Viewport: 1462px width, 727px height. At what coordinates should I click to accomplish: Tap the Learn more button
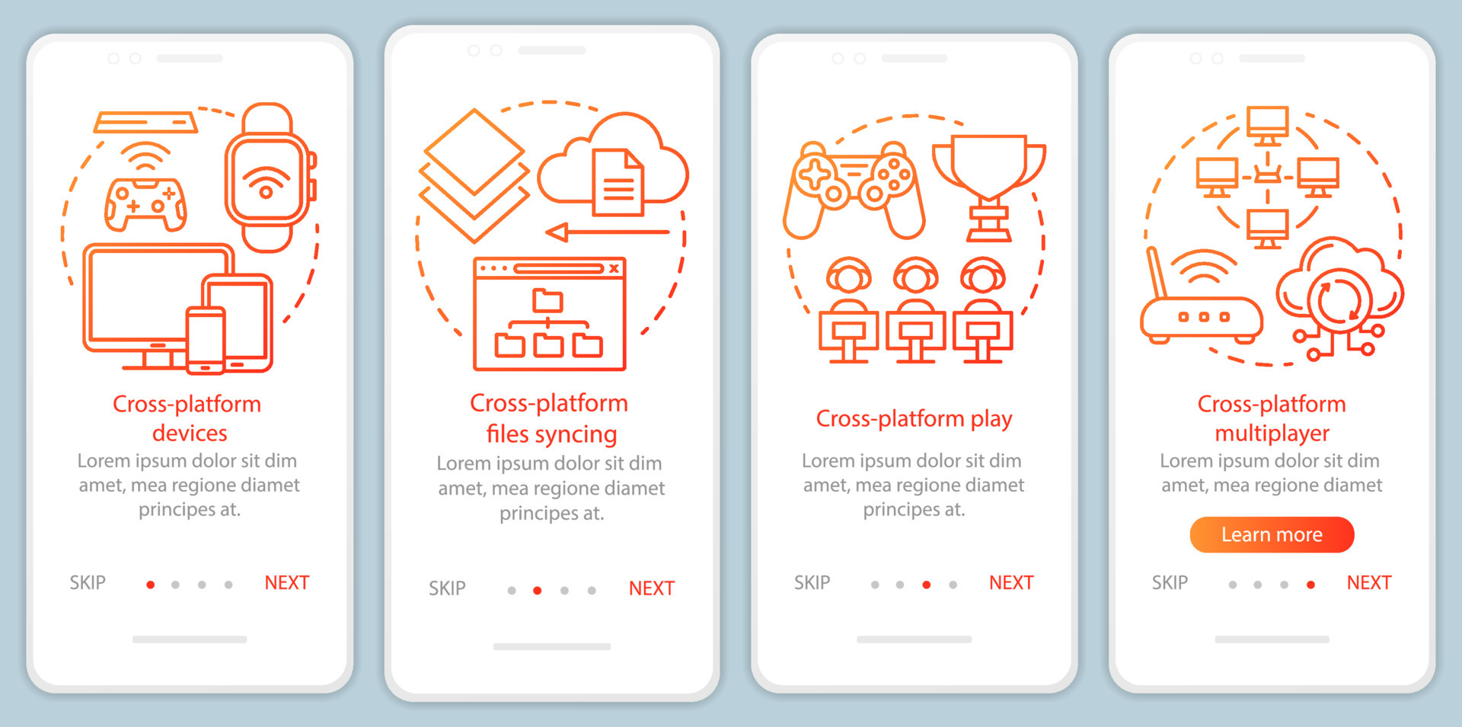1272,535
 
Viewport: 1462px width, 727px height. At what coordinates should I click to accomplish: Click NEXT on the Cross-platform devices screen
286,583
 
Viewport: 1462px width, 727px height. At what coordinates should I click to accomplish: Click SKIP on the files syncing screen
447,588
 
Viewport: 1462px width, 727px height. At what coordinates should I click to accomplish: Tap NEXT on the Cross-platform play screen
1011,583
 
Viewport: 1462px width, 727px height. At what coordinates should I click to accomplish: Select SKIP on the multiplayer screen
1170,583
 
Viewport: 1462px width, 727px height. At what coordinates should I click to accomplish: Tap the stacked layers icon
474,175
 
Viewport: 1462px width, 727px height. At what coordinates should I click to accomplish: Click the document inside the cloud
618,183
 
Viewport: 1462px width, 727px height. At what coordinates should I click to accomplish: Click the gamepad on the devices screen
145,204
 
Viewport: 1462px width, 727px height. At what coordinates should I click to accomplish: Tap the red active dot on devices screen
151,584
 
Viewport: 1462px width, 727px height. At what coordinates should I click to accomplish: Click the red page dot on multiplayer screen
1310,584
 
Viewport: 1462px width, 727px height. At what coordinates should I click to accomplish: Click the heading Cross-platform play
914,419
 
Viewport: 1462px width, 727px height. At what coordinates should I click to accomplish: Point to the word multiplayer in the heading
1272,434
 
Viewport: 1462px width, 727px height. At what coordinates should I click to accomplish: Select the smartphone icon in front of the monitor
206,340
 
